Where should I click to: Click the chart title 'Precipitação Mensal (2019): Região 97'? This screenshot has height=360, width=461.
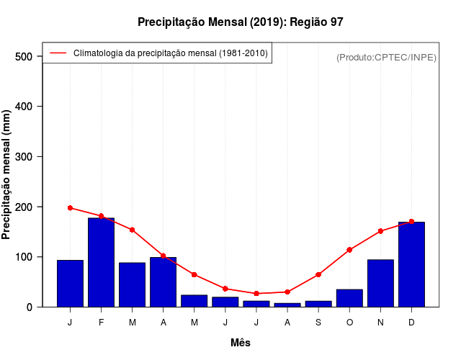click(x=241, y=22)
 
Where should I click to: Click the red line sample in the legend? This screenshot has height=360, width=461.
click(x=58, y=53)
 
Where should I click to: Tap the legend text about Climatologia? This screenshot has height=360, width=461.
click(x=171, y=53)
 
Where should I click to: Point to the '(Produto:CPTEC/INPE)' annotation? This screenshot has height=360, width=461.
click(x=386, y=57)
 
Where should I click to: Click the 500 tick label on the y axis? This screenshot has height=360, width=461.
click(x=24, y=56)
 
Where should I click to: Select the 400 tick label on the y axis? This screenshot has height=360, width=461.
click(x=24, y=107)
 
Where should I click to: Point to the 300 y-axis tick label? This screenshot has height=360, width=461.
click(x=24, y=157)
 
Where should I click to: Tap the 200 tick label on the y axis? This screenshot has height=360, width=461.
click(x=24, y=207)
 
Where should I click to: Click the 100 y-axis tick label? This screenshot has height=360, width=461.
click(x=24, y=257)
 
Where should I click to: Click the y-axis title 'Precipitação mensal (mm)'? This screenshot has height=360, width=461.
click(x=6, y=175)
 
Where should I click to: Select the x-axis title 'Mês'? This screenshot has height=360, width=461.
click(x=241, y=343)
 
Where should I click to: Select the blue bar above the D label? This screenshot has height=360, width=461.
click(x=411, y=264)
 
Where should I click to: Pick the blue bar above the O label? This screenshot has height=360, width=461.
click(x=349, y=298)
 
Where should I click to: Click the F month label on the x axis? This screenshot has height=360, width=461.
click(x=101, y=323)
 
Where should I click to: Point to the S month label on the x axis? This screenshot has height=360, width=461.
click(x=318, y=323)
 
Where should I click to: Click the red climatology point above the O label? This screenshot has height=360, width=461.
click(x=349, y=250)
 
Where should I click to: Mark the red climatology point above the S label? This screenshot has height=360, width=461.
click(x=318, y=274)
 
